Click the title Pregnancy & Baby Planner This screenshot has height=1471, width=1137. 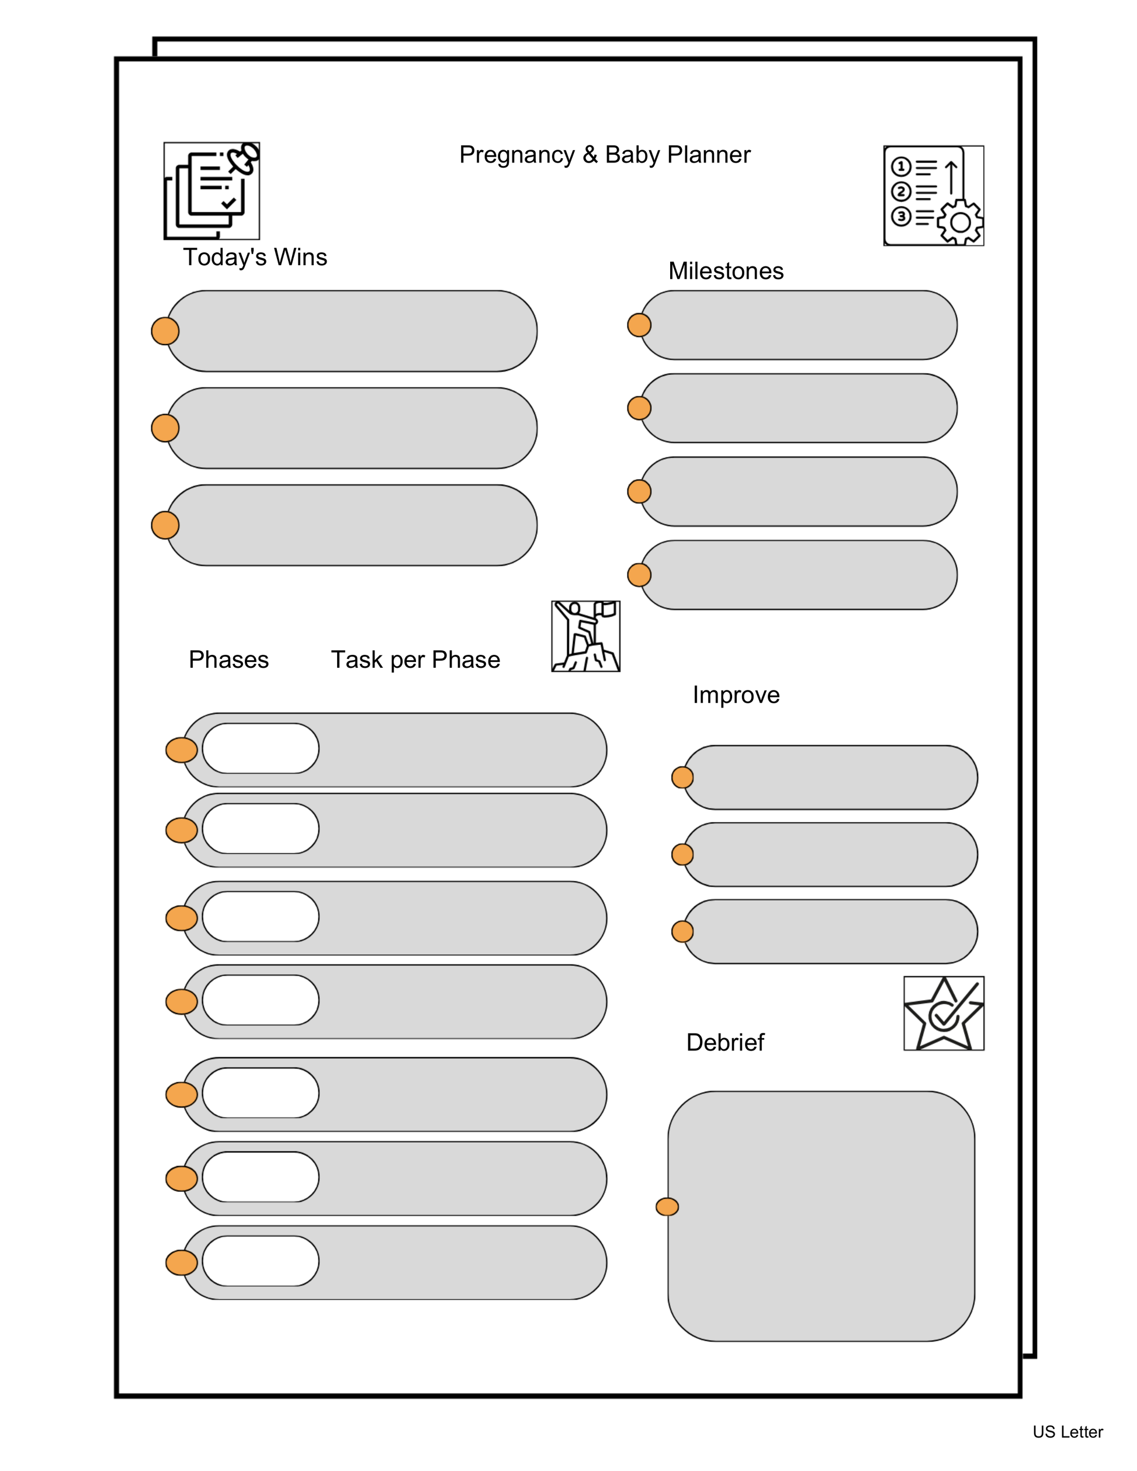coord(604,155)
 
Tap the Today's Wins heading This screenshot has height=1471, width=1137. coord(255,257)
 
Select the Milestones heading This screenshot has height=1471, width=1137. coord(726,270)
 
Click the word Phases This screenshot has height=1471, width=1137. coord(228,660)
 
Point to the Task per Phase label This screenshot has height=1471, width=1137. coord(415,660)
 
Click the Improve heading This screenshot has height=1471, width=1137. coord(736,695)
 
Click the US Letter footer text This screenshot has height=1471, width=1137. coord(1067,1432)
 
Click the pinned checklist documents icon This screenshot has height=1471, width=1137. coord(212,190)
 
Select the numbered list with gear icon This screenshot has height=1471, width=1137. coord(933,195)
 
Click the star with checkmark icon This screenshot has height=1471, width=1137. coord(943,1013)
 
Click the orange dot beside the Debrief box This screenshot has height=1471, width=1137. coord(667,1207)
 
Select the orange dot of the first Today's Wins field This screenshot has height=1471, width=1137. coord(165,331)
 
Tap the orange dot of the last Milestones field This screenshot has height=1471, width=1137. coord(639,575)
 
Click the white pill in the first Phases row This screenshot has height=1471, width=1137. coord(260,748)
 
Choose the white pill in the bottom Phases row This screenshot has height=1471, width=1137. coord(260,1261)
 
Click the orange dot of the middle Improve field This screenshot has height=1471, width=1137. coord(682,855)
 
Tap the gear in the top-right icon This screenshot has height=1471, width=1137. coord(960,222)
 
